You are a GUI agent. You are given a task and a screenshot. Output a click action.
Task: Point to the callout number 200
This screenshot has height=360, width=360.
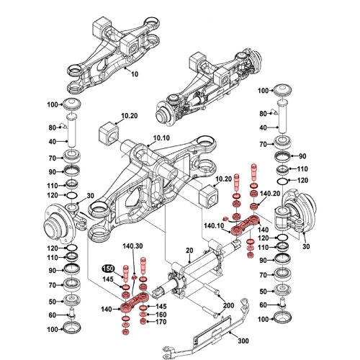point(229,305)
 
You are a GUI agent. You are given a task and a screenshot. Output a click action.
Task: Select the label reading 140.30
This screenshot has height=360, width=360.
point(134,246)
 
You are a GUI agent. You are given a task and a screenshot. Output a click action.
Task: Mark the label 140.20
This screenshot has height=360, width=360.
point(269,194)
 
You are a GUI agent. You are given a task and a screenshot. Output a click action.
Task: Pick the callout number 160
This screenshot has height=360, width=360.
point(161,315)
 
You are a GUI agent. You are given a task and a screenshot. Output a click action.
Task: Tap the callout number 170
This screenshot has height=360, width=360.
point(161,323)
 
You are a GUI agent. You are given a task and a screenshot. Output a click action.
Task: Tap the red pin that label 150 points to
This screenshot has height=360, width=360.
point(125,274)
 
